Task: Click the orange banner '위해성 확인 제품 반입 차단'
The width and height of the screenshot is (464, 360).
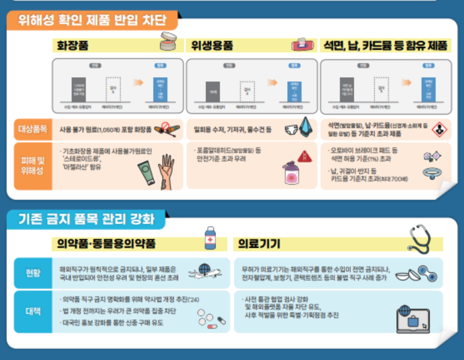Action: [x=92, y=20]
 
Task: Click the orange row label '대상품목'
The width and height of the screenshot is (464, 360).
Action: [x=33, y=129]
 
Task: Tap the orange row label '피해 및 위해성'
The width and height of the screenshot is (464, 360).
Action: [x=33, y=166]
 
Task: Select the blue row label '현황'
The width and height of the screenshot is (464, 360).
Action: [x=33, y=273]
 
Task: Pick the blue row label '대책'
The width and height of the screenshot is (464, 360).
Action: [x=33, y=311]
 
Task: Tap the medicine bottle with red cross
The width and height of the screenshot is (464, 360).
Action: [x=211, y=238]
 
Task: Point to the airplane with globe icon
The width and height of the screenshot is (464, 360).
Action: [x=205, y=271]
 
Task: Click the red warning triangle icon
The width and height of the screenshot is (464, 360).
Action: [x=304, y=156]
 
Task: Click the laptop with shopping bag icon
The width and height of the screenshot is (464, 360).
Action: [x=412, y=320]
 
